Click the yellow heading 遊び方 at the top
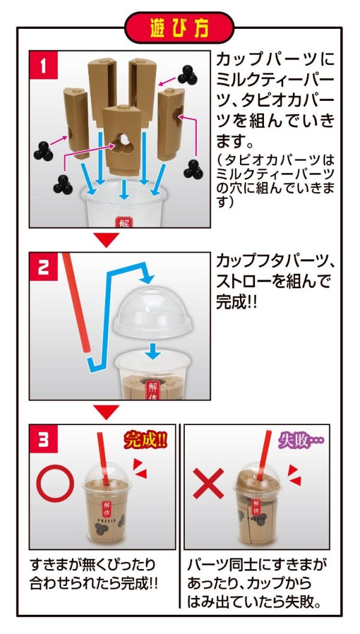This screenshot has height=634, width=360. coord(179,28)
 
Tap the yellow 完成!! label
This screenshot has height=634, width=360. coord(146,441)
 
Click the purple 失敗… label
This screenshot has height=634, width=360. coord(299,441)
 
